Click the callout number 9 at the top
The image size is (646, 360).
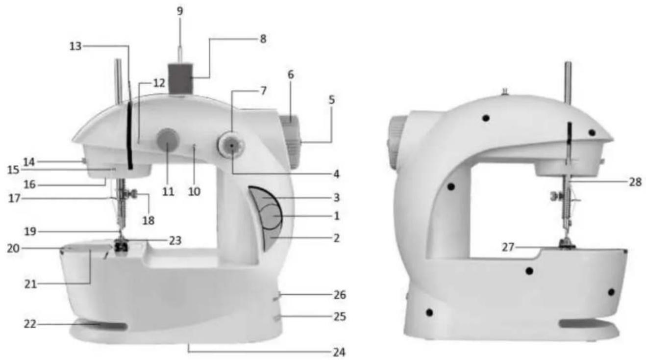180,11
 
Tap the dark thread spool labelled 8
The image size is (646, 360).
180,78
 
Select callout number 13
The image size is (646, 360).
75,46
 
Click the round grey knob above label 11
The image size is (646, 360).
168,140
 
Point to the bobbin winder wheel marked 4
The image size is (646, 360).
231,145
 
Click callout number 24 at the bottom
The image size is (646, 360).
339,352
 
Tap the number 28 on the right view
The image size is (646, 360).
636,182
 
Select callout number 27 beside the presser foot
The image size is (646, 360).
508,247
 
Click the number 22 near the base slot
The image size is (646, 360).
30,324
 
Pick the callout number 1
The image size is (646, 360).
336,216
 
